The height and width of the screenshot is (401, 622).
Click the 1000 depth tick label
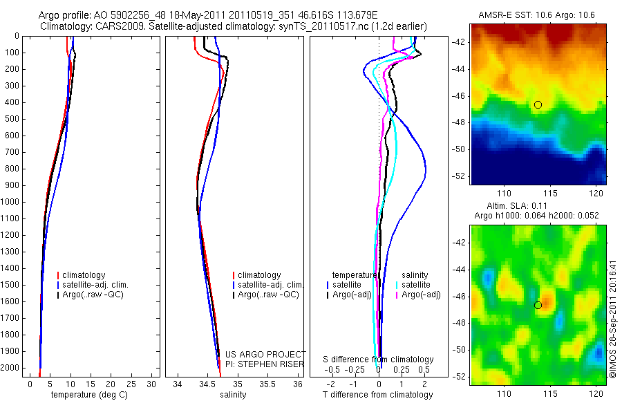point(10,202)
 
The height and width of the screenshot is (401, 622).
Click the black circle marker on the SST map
point(538,104)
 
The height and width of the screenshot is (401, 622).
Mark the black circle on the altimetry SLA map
point(538,305)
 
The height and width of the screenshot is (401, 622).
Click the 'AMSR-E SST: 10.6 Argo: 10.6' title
point(536,15)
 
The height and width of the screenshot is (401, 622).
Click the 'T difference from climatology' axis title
point(377,395)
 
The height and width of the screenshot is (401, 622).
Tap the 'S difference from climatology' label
point(379,360)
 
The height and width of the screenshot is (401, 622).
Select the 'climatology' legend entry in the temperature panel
point(84,275)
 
